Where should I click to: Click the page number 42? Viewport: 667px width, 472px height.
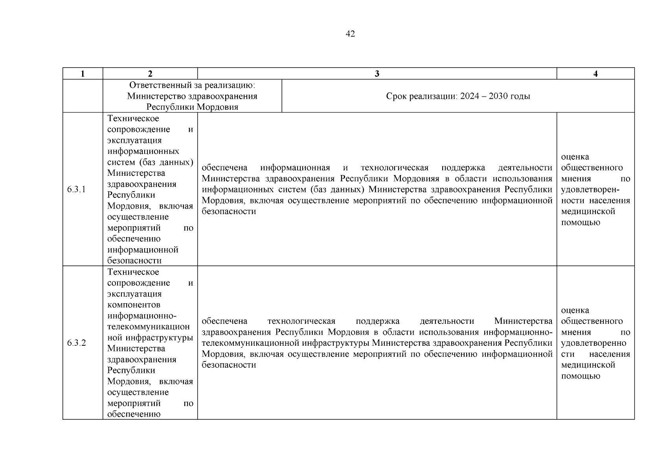pos(350,34)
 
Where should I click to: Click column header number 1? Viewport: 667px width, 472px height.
pos(83,74)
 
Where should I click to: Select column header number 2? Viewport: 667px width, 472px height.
pos(150,74)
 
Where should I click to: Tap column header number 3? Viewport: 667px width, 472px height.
pos(377,74)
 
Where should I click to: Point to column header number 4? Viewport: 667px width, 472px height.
pos(595,74)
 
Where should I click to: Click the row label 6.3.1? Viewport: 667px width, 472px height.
pos(76,190)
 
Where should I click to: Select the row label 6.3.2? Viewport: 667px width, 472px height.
pos(76,343)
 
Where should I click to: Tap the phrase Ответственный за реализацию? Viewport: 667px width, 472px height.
pos(192,85)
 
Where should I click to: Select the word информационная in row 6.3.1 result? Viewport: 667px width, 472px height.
pos(295,168)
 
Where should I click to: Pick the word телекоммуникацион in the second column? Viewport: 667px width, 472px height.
pos(148,327)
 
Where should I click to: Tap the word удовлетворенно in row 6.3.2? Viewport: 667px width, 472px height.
pos(594,343)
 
